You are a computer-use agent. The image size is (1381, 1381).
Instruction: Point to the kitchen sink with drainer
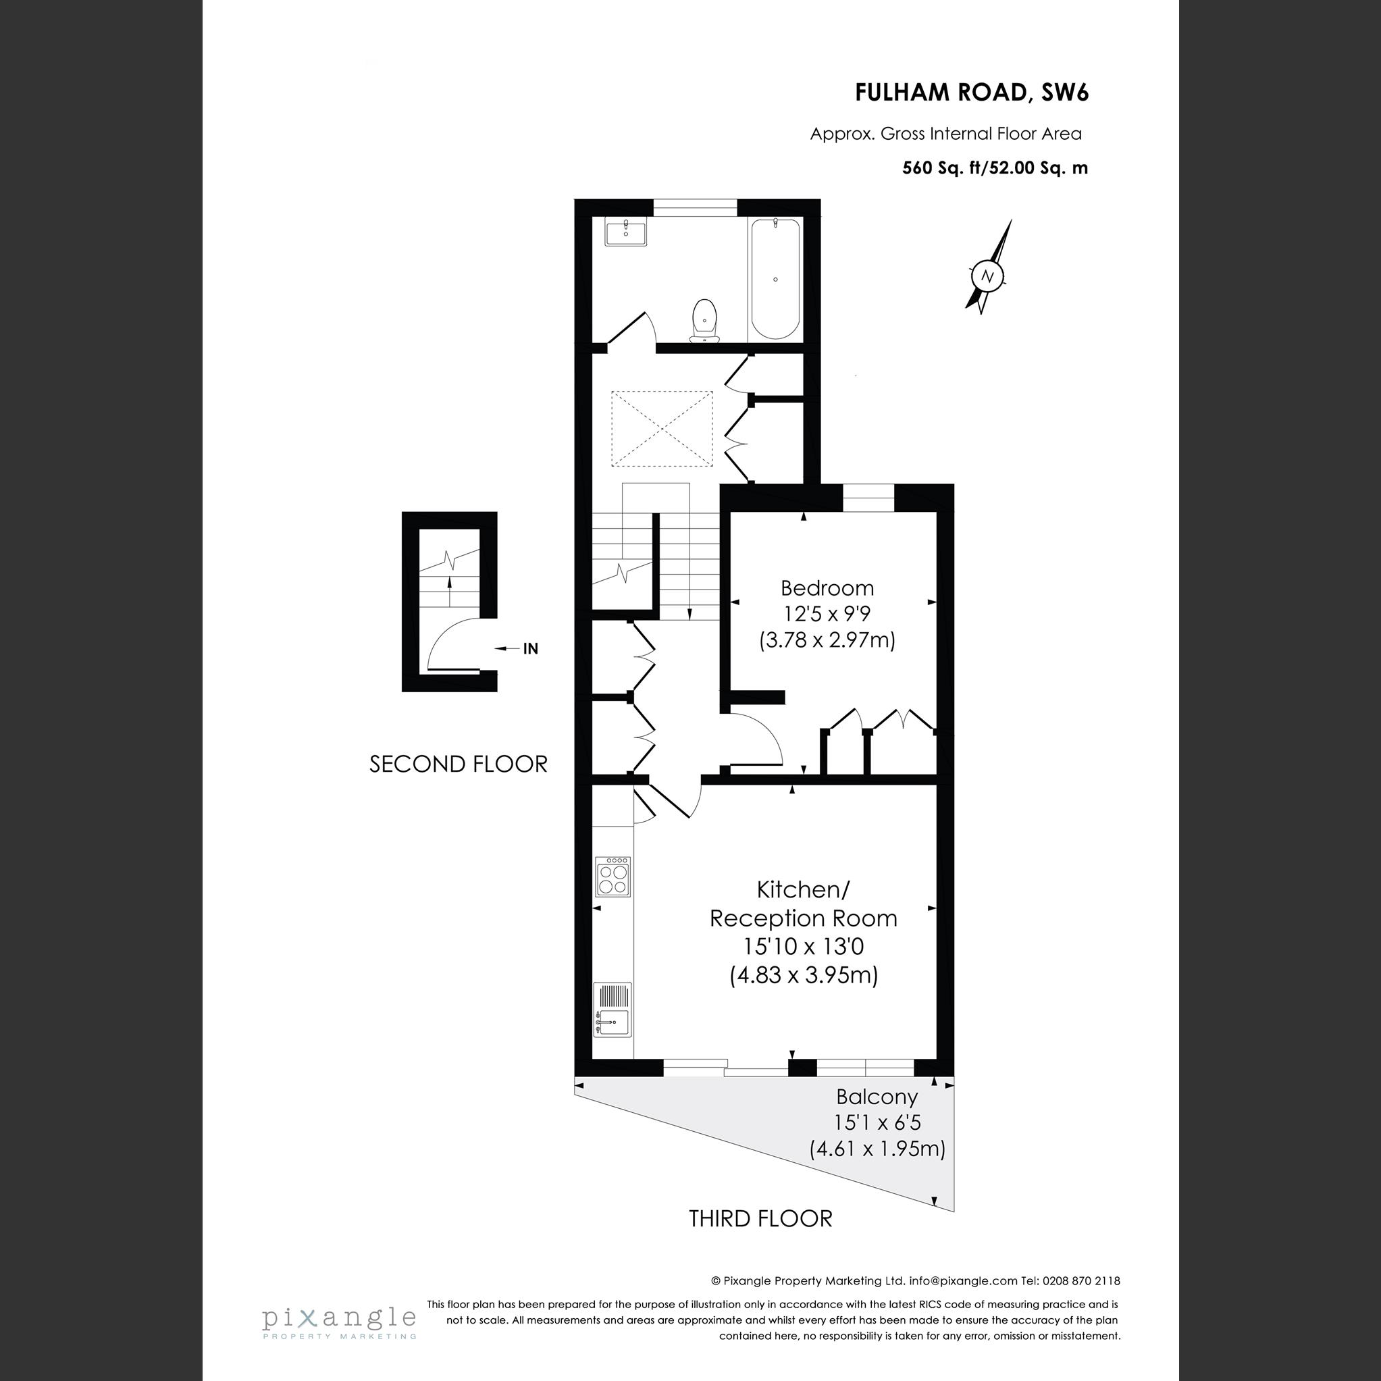click(x=613, y=1010)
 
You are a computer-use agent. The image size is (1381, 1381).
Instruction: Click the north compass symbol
click(x=988, y=276)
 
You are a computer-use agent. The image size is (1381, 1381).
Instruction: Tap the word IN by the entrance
click(x=530, y=649)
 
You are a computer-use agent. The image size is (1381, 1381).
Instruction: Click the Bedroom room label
click(x=827, y=588)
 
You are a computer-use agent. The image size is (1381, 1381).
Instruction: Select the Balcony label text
click(x=877, y=1097)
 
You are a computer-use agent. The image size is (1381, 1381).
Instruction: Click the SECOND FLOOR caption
click(x=458, y=764)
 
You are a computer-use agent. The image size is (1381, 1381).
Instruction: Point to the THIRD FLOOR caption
click(x=760, y=1219)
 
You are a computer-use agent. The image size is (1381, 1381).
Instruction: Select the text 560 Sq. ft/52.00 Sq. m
click(x=994, y=169)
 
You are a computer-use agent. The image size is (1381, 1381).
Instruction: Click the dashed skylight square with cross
click(x=662, y=429)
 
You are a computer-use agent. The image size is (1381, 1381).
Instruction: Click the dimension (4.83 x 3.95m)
click(x=804, y=975)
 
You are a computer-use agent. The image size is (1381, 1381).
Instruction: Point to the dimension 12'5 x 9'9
click(x=827, y=614)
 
